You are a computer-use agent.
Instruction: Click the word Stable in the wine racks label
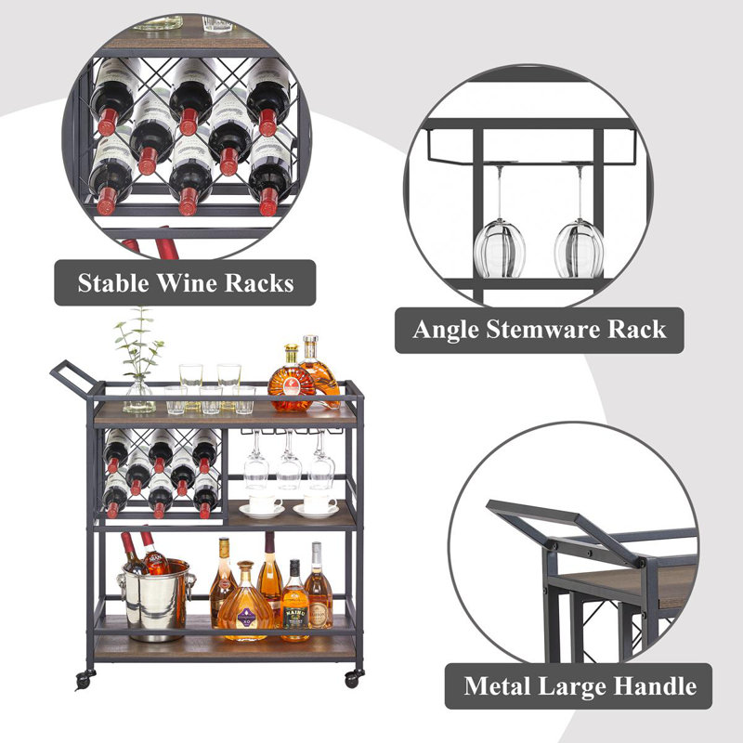112,283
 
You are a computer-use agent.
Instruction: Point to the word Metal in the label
498,685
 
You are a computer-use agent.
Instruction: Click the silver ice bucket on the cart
156,599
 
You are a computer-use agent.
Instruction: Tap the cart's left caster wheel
84,680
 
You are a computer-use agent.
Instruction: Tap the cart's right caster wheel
354,679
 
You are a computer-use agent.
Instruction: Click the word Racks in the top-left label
259,283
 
